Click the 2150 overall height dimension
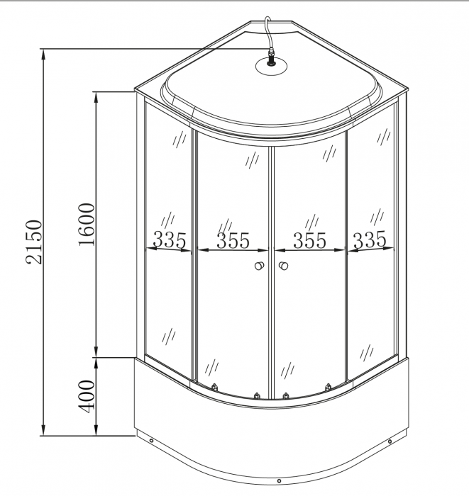coord(33,242)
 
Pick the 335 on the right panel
coord(370,240)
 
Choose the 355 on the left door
coord(233,241)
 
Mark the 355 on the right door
coord(309,241)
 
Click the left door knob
coord(260,266)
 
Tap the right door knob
coord(283,266)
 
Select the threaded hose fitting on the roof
coord(270,59)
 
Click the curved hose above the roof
coord(266,29)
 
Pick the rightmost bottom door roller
coord(328,387)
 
